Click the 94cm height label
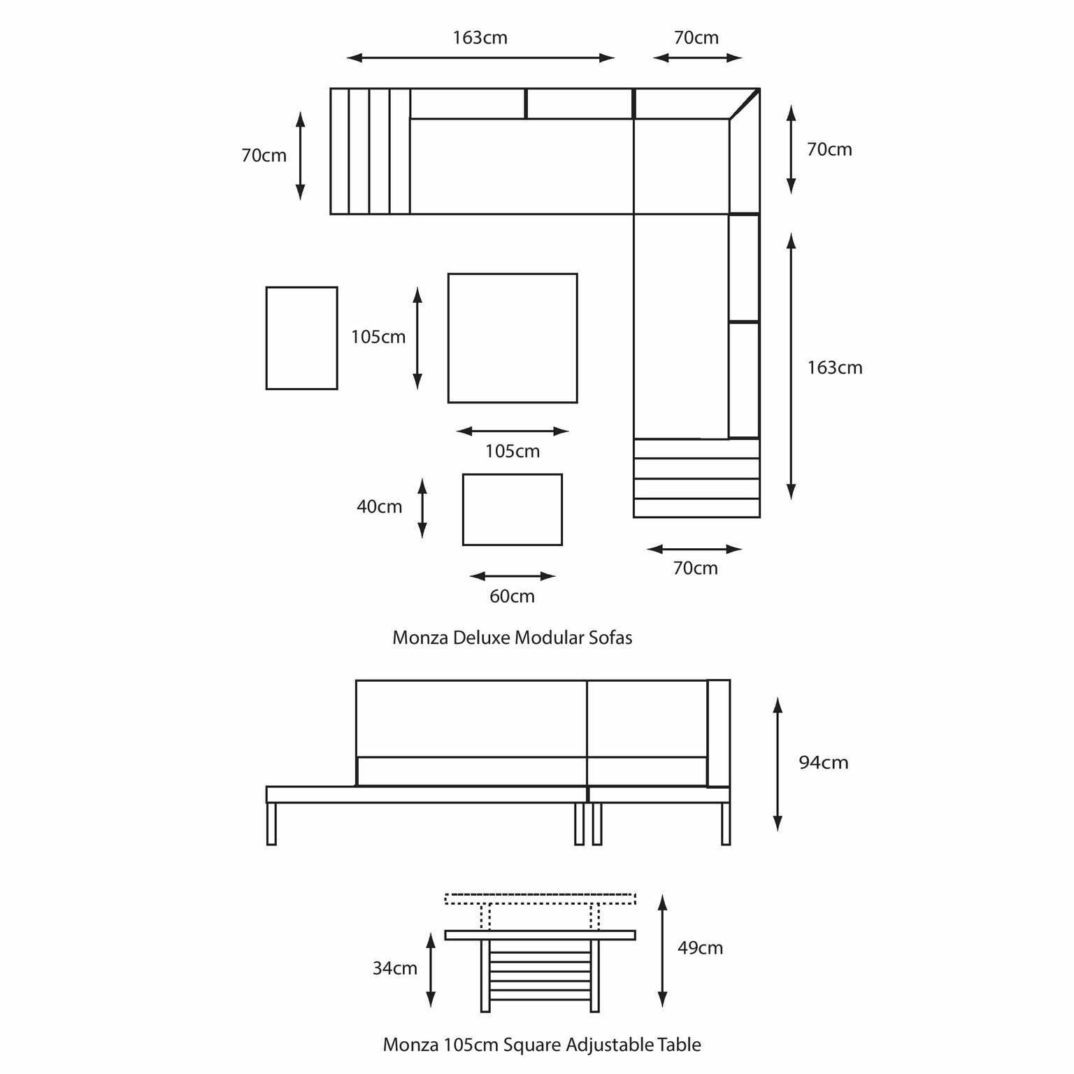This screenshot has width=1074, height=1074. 823,762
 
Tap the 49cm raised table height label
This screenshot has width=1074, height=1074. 700,948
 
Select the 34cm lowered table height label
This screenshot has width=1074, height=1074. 395,968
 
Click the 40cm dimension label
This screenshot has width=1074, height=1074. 379,506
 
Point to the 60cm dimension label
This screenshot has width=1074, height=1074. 512,596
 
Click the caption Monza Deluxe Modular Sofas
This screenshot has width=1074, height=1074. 513,638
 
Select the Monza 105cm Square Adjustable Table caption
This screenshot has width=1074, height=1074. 542,1045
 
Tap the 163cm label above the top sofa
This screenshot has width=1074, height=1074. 480,38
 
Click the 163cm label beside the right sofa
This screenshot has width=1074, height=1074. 835,368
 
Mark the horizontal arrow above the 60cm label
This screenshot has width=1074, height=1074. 513,576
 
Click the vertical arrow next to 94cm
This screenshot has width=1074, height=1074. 778,764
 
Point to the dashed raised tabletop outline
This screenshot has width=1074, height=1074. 540,898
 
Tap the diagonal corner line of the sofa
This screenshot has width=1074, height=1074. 745,103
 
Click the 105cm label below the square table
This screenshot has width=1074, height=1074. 513,452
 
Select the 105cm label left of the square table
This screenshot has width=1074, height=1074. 378,337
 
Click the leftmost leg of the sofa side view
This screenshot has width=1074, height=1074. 271,824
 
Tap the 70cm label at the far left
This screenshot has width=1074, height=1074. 264,156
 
